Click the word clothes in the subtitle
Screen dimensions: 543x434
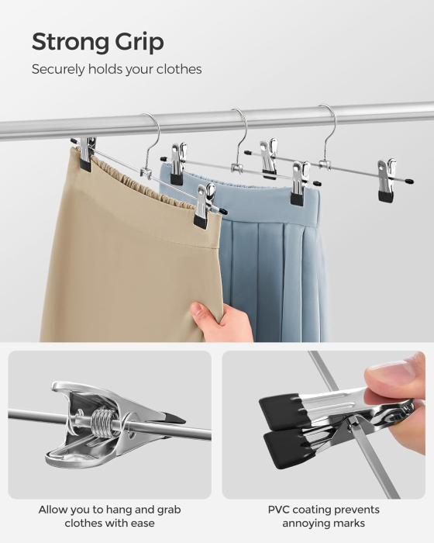[179, 70]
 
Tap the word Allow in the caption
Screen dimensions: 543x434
[53, 510]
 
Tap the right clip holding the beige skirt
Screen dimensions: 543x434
[204, 205]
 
